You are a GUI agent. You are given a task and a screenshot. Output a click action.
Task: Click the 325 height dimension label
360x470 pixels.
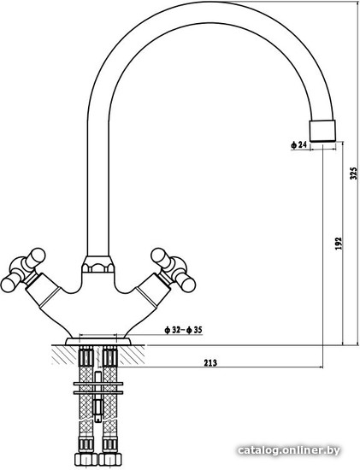click(354, 173)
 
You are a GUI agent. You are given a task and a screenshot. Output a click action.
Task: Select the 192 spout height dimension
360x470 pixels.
click(338, 244)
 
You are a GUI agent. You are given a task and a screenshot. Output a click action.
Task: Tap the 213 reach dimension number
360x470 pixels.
click(210, 362)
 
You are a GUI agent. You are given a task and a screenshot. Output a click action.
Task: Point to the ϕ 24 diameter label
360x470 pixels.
click(298, 145)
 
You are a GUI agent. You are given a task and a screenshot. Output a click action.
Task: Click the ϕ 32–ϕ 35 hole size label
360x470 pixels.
click(183, 331)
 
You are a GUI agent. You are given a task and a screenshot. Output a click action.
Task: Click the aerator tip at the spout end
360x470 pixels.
click(322, 131)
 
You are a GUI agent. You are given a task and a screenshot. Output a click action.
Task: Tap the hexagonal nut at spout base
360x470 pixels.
click(97, 264)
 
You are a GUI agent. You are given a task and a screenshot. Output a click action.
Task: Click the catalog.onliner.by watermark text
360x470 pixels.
click(289, 450)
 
